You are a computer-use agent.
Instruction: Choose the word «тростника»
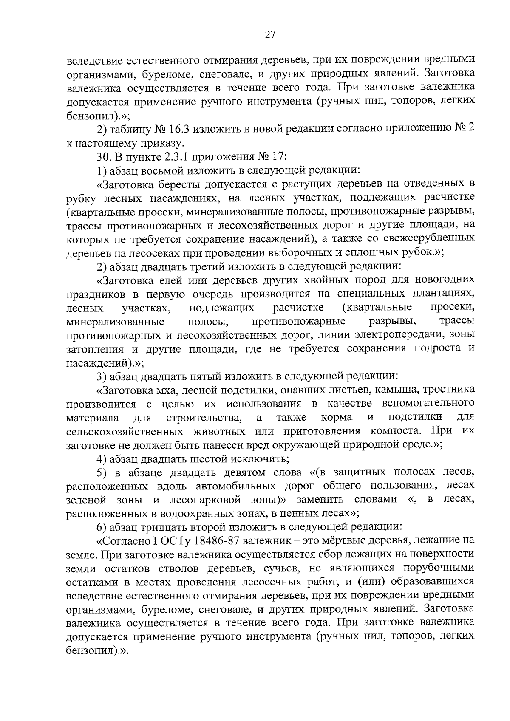pyautogui.click(x=449, y=390)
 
